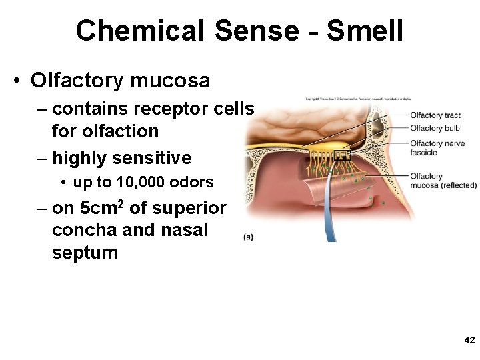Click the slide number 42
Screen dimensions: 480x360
click(x=469, y=340)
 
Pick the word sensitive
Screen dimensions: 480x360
click(x=151, y=158)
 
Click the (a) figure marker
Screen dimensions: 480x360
click(x=248, y=236)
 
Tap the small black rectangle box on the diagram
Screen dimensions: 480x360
click(x=341, y=157)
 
